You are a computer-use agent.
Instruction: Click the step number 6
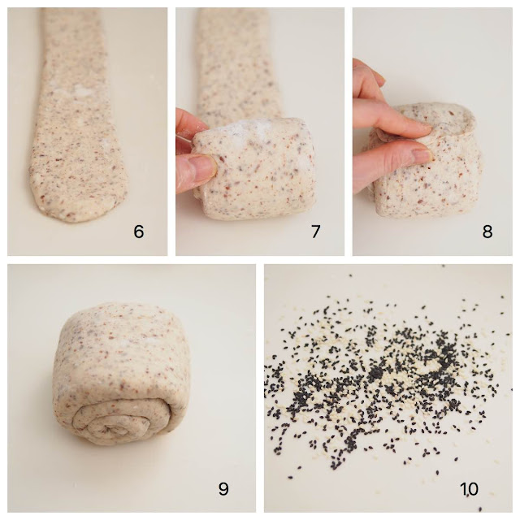(139, 231)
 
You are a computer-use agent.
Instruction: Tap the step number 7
(315, 231)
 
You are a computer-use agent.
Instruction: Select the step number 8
(487, 231)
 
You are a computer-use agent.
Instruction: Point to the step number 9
(223, 488)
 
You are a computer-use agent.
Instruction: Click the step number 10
(469, 488)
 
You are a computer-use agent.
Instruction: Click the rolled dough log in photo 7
(253, 169)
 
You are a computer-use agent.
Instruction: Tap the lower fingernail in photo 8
(422, 155)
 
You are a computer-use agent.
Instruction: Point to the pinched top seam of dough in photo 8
(454, 123)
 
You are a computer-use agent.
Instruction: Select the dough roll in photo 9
(120, 374)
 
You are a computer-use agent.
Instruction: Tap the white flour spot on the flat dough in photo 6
(81, 90)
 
